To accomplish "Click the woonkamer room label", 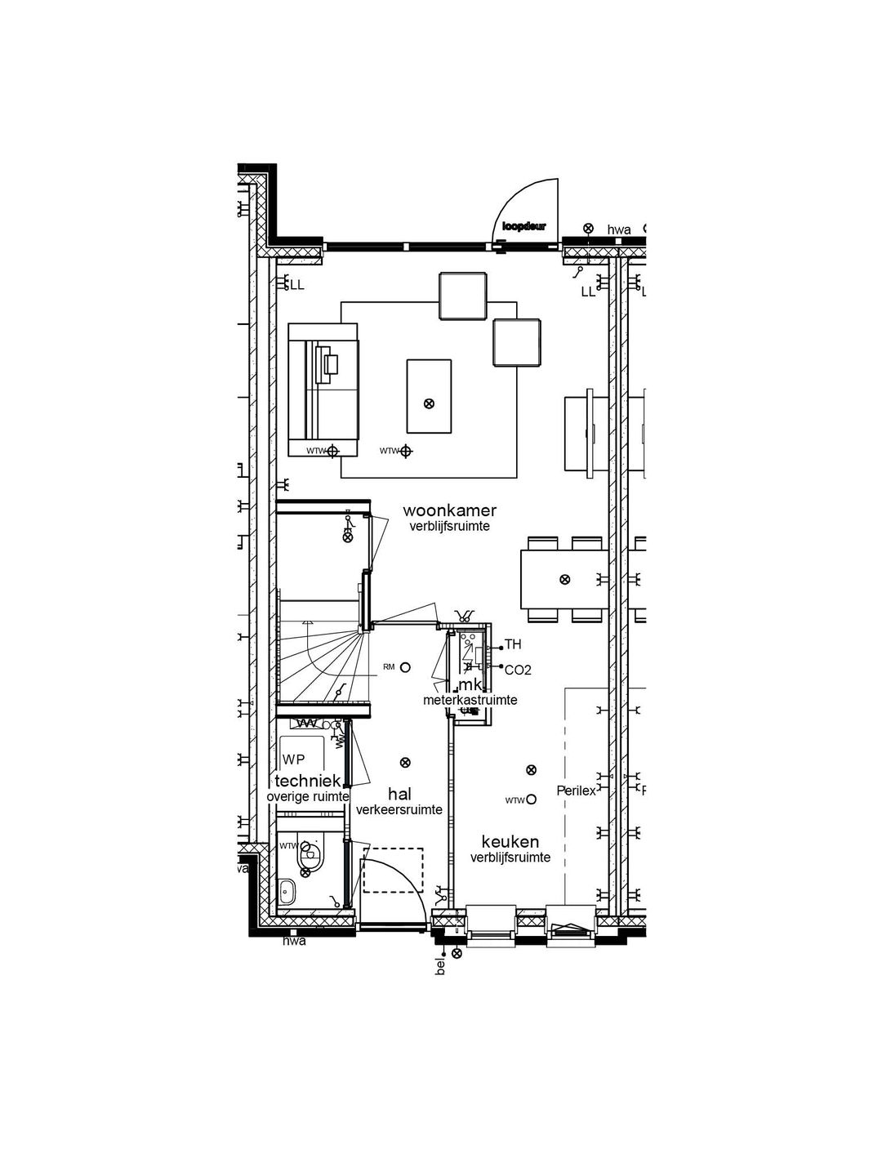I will coord(449,510).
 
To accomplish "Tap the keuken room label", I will coord(510,841).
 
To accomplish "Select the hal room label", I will coord(399,794).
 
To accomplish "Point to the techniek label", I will coord(307,782).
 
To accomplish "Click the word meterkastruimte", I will coord(470,700).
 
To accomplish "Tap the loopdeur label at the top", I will coord(523,226).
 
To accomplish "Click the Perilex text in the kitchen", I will coord(576,791).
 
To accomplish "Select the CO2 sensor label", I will coord(518,670).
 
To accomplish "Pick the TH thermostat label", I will coord(513,644).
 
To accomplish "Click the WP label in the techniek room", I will coord(293,759).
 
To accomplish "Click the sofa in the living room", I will coord(323,390).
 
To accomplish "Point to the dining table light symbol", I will coord(563,579).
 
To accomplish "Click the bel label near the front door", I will coord(441,969).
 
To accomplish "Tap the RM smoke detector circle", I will coord(405,667).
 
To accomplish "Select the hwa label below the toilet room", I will coord(294,942).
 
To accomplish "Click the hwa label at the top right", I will coord(618,230).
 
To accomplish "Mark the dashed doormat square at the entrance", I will coord(394,869).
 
